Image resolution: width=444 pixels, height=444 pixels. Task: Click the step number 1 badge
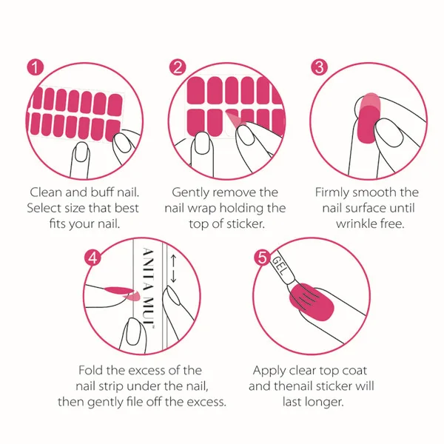click(36, 67)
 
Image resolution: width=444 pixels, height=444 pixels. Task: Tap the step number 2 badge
click(178, 67)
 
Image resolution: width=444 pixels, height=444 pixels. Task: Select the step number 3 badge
click(319, 67)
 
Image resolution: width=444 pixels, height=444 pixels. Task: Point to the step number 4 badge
click(92, 258)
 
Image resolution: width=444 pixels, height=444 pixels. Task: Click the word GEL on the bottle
click(278, 266)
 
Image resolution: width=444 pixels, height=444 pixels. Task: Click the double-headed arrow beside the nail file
click(174, 269)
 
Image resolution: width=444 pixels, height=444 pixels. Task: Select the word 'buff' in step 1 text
click(101, 192)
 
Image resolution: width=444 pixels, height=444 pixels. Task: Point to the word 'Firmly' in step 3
click(332, 193)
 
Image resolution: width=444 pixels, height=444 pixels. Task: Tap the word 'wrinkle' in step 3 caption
click(356, 223)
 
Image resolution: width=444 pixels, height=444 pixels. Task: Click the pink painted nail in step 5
click(312, 302)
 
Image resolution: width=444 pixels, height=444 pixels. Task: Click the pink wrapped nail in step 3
click(368, 118)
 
